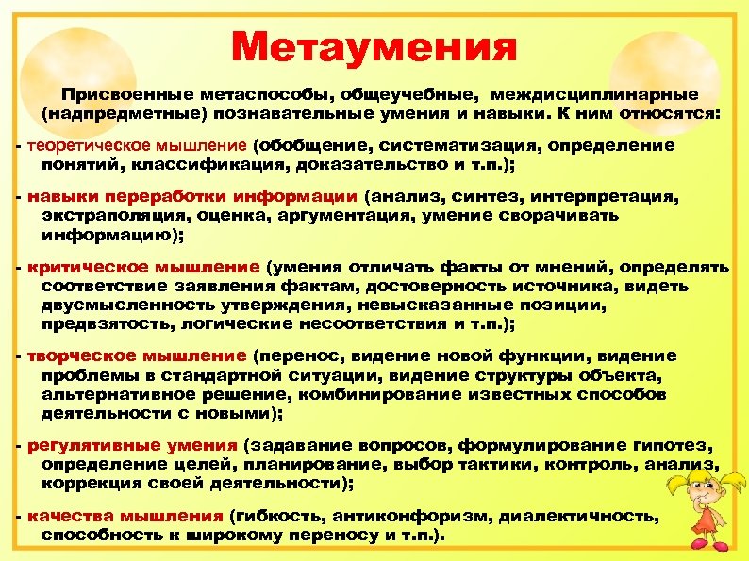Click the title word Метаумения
pos(374,45)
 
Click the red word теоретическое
pos(83,146)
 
